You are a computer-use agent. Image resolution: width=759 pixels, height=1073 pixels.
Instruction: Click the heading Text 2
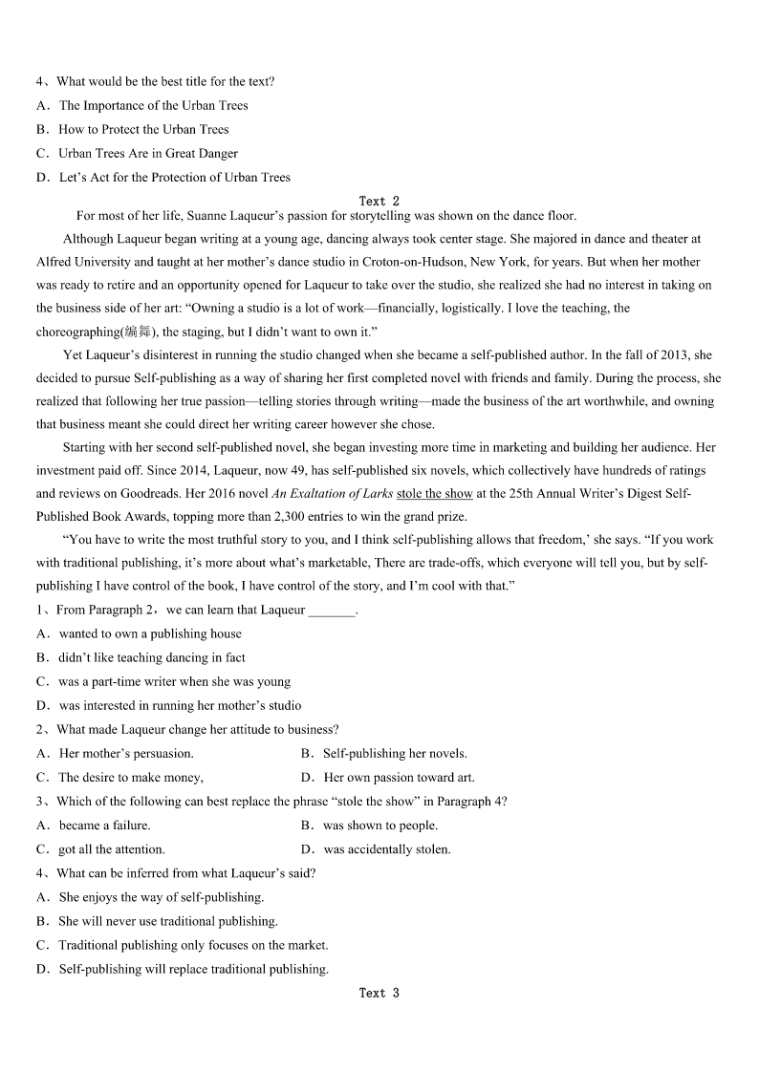pyautogui.click(x=379, y=201)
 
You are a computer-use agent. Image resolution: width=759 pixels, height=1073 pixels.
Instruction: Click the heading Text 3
pyautogui.click(x=379, y=993)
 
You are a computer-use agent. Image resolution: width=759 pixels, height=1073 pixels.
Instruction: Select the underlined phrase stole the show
pyautogui.click(x=435, y=493)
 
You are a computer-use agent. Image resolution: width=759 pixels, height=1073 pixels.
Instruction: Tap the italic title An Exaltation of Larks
pyautogui.click(x=333, y=493)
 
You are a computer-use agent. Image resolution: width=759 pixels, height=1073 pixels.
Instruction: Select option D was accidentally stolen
pyautogui.click(x=386, y=849)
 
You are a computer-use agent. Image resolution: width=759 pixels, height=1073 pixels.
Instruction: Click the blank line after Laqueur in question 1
pyautogui.click(x=332, y=611)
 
